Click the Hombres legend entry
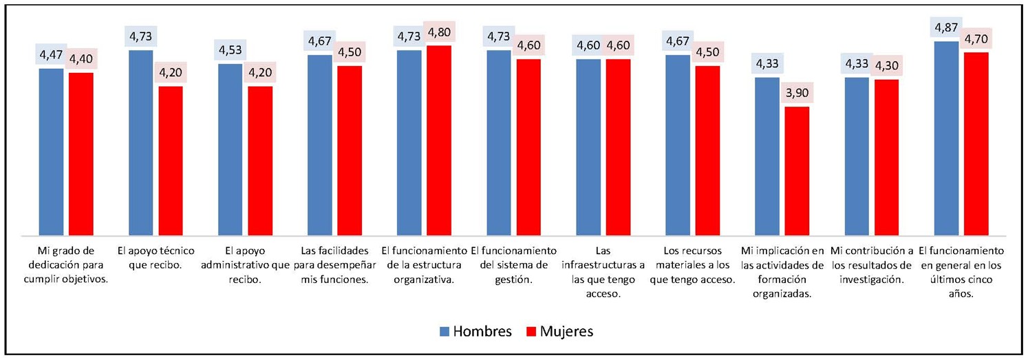click(x=476, y=332)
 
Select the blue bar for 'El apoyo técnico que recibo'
click(x=140, y=142)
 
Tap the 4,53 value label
click(x=231, y=52)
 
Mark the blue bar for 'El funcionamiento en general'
click(x=946, y=138)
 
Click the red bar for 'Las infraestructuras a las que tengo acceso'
click(x=618, y=147)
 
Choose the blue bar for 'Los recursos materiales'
click(x=678, y=145)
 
